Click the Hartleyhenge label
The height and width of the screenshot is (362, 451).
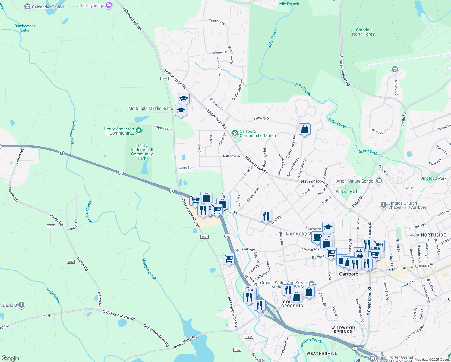click(92, 5)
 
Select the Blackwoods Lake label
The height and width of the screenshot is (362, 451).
click(25, 28)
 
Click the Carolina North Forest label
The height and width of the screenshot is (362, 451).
click(364, 32)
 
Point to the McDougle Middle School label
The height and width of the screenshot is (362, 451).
click(151, 108)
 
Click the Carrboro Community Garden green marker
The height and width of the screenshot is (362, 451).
click(235, 133)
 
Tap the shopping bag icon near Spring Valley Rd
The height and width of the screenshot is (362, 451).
click(304, 129)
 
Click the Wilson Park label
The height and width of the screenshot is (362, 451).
click(347, 191)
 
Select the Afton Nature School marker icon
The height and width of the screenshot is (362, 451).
click(379, 181)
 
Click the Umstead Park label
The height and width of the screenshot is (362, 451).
click(433, 178)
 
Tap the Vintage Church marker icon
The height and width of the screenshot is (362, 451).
click(383, 205)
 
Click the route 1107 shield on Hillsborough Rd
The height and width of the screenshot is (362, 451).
click(164, 78)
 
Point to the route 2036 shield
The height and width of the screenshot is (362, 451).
click(51, 226)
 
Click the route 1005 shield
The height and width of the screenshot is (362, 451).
click(46, 316)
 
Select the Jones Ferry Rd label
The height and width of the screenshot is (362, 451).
click(185, 342)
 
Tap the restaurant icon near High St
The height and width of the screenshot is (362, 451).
click(266, 216)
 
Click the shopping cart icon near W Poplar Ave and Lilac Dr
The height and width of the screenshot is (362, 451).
click(229, 259)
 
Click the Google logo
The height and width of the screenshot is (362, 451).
click(10, 358)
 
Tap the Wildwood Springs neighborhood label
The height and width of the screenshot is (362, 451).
click(343, 329)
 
